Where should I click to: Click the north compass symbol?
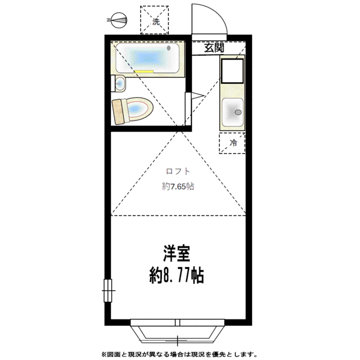coord(118,20)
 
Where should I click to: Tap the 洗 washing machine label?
coord(156,22)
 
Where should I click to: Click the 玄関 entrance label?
coord(214,48)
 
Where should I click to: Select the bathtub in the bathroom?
coord(147,58)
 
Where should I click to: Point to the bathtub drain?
coord(169,48)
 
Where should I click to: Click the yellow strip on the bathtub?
coord(144,71)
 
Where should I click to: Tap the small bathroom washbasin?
coord(120,84)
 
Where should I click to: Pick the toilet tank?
coord(119,112)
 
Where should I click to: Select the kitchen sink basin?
coord(232,112)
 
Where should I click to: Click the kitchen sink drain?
coord(238,112)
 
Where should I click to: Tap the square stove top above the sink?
coord(232,71)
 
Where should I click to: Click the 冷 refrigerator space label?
coord(233,143)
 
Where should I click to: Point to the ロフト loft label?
coord(178,171)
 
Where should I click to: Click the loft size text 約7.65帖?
coord(178,186)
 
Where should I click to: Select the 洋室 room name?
coord(177,254)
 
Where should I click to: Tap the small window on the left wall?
coord(108,290)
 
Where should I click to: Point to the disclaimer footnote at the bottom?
coord(179,354)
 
